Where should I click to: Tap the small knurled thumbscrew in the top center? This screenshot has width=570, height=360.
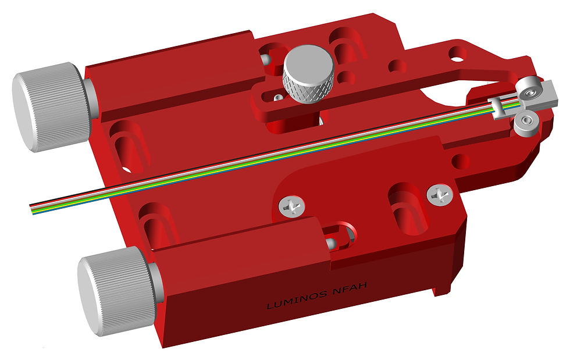[x=308, y=74]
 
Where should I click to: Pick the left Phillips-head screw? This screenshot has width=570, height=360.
[x=291, y=206]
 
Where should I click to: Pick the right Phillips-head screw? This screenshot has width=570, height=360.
[x=440, y=195]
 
